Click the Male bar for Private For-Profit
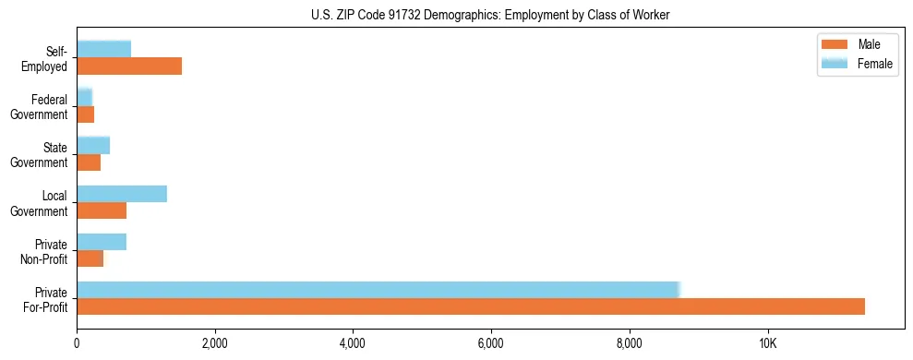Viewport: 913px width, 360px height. click(471, 306)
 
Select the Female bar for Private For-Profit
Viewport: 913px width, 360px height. click(378, 290)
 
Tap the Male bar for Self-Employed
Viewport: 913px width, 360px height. click(129, 66)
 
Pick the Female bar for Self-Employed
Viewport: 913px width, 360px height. click(103, 49)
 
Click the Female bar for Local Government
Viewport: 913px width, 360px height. click(122, 194)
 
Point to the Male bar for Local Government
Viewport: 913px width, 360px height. click(102, 210)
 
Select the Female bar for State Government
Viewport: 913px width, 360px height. click(93, 145)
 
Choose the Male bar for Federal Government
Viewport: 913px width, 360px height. click(85, 114)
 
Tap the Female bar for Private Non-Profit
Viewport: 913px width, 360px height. click(102, 242)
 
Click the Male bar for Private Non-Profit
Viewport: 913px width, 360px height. click(90, 258)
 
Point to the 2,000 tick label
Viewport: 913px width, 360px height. click(214, 343)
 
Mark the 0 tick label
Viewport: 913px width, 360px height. click(77, 343)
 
